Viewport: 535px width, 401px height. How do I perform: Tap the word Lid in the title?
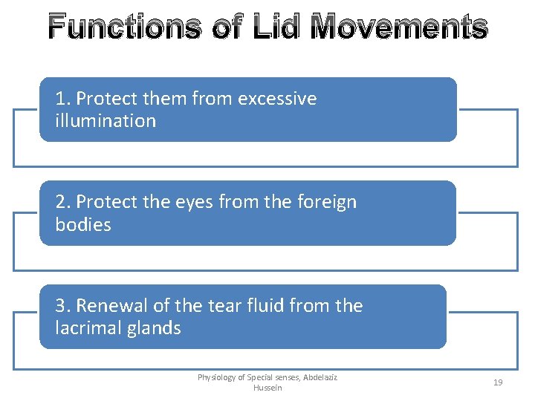(x=275, y=27)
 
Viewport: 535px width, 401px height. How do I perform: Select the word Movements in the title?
(x=398, y=27)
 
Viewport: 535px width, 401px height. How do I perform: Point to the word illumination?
(x=106, y=121)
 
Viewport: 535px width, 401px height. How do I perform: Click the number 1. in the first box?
(x=63, y=99)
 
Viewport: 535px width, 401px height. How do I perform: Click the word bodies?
(x=83, y=225)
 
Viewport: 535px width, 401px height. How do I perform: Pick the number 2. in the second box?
(x=63, y=202)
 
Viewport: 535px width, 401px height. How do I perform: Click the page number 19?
(x=498, y=382)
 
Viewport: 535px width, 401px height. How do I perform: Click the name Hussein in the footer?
(x=267, y=388)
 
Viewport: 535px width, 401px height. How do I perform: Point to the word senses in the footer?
(x=282, y=378)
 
